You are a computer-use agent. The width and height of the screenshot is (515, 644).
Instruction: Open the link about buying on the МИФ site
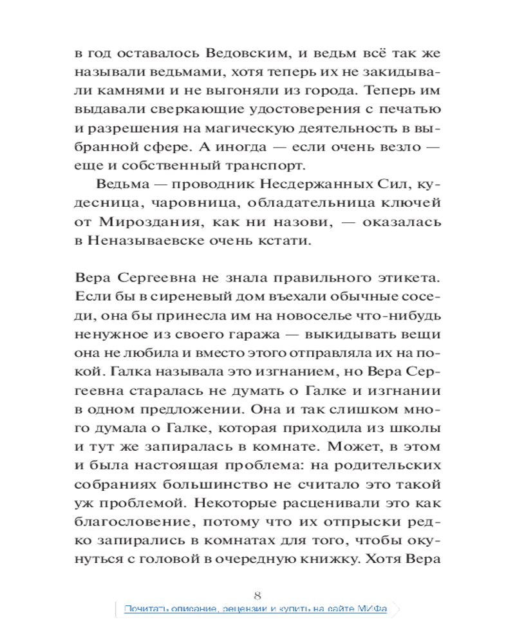point(256,609)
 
